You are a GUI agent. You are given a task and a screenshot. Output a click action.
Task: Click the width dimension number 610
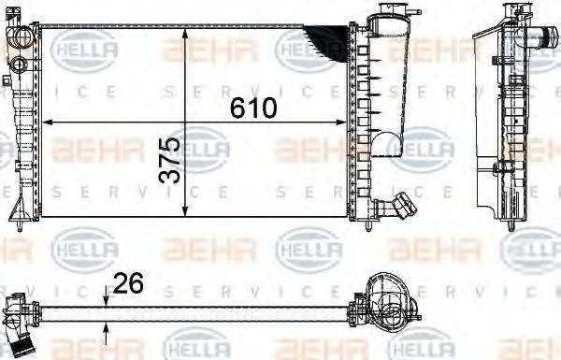coord(255,108)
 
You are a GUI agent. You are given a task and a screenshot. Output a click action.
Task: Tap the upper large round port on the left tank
coord(20,40)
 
